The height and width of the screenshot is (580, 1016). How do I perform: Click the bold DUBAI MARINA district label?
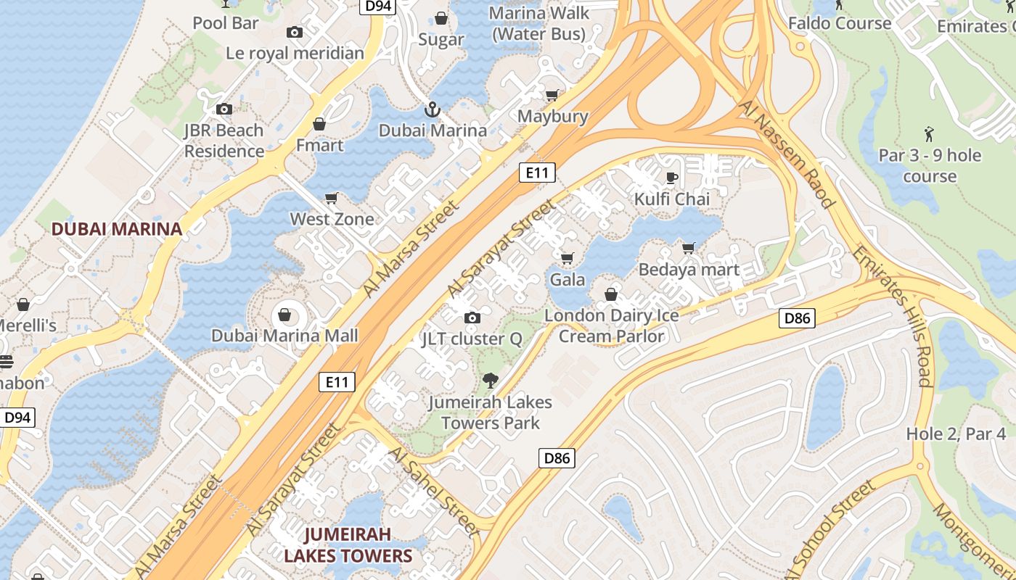click(116, 229)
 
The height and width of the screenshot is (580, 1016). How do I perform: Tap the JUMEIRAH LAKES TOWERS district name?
click(348, 545)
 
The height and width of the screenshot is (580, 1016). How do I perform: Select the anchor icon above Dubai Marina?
click(432, 109)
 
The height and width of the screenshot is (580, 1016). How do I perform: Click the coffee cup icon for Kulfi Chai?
click(672, 178)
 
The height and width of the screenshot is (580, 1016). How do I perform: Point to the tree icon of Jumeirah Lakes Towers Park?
click(491, 380)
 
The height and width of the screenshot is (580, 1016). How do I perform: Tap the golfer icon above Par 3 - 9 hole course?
click(929, 133)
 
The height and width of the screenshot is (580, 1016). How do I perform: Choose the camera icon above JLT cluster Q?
click(472, 318)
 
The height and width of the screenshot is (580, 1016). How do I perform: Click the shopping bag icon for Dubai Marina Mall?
click(284, 315)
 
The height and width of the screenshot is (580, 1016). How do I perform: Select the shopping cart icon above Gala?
click(568, 258)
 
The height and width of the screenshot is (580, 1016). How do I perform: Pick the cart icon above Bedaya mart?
click(689, 249)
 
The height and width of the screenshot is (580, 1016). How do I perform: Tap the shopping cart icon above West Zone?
click(332, 198)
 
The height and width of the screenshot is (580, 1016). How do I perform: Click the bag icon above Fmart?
click(319, 124)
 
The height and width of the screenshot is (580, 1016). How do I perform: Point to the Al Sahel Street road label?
click(434, 492)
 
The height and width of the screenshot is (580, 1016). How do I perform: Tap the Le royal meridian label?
click(295, 53)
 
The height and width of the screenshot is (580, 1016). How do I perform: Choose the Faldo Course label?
click(840, 23)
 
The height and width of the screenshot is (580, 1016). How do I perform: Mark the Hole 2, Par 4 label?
click(956, 434)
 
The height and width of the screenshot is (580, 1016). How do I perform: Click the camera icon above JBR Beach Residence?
click(224, 109)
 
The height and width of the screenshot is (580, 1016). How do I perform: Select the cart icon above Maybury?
click(552, 95)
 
